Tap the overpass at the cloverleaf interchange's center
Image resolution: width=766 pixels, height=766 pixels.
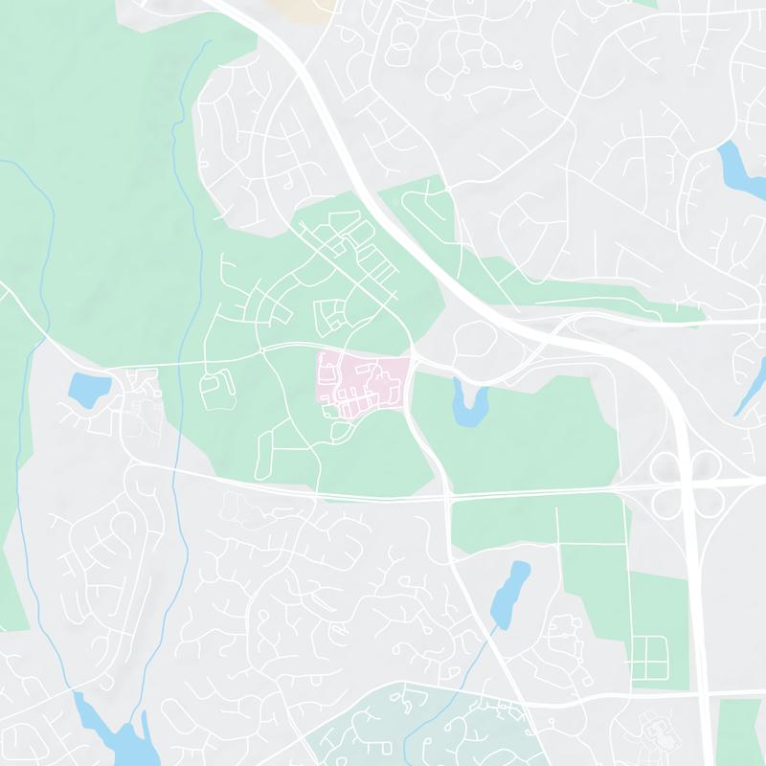[685, 484]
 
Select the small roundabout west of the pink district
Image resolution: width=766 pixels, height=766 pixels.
[262, 351]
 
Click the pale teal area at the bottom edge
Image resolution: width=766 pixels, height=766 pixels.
[431, 728]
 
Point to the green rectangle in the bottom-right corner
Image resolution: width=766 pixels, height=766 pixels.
[739, 732]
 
